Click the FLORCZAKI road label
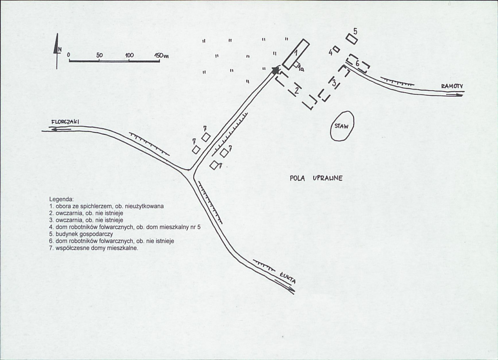point(65,122)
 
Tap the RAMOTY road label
point(452,86)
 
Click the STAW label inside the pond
point(341,126)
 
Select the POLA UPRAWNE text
point(316,178)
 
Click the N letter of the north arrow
point(59,49)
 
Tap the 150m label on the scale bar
point(161,55)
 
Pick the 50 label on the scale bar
point(99,55)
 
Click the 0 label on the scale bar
point(69,55)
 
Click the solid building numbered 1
point(296,54)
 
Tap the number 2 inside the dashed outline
point(297,91)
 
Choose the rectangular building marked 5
point(351,39)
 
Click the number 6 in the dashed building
point(358,64)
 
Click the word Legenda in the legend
point(61,199)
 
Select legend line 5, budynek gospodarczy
point(81,234)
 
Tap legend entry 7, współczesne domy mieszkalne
point(94,248)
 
